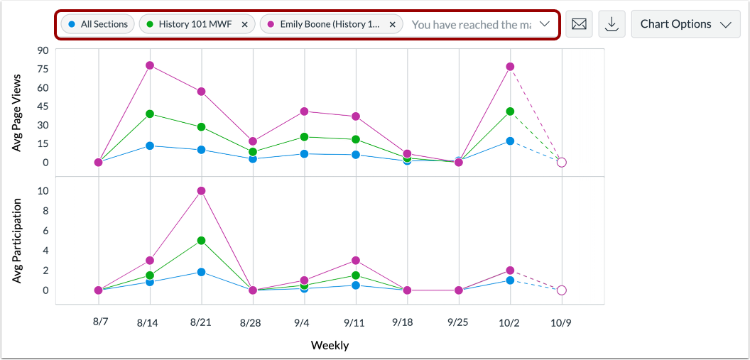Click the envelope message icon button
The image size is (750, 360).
(x=579, y=24)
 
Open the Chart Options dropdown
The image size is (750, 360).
(x=685, y=24)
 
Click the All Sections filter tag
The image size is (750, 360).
(x=97, y=24)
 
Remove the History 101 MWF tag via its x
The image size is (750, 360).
(x=244, y=24)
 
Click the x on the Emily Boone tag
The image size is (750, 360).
(x=391, y=24)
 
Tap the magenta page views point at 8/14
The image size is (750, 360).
(x=150, y=65)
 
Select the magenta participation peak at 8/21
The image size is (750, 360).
(x=201, y=191)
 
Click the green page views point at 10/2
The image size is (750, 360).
(x=510, y=111)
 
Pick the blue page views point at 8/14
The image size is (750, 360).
(x=150, y=146)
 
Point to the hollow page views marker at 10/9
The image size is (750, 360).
(x=561, y=163)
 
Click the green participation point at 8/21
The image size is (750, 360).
(x=201, y=241)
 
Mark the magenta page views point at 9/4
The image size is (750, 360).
(x=304, y=111)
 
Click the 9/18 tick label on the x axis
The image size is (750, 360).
(x=406, y=322)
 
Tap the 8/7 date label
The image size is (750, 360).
(x=100, y=322)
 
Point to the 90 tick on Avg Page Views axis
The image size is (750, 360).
(x=42, y=50)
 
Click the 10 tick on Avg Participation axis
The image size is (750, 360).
(x=43, y=191)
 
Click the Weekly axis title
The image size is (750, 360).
(x=330, y=346)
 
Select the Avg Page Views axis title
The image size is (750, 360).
(x=18, y=113)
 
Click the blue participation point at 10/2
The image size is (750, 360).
(x=510, y=280)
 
